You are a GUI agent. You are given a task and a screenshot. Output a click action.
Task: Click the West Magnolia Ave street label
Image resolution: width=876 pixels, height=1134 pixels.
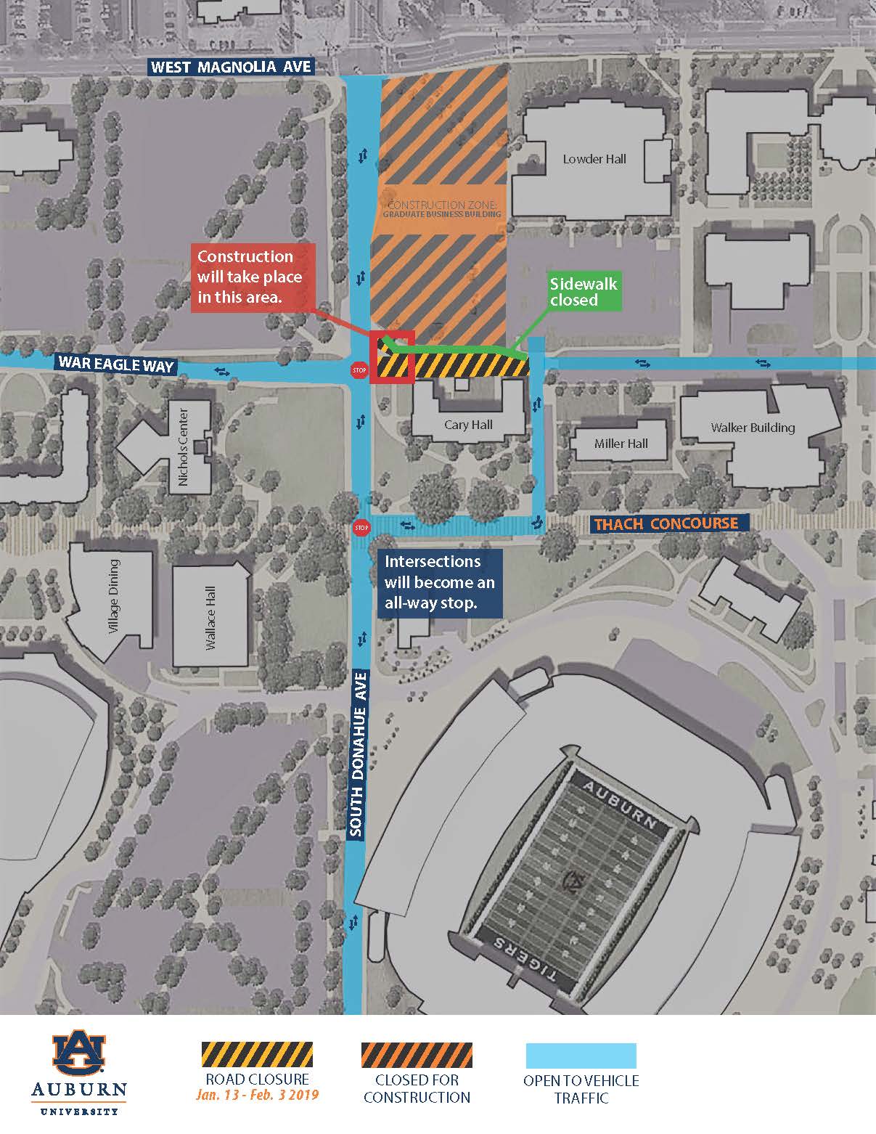[231, 68]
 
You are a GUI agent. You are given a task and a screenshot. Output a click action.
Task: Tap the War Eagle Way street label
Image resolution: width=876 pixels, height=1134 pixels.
[116, 363]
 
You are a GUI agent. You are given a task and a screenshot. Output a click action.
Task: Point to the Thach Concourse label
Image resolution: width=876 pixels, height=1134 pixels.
[666, 523]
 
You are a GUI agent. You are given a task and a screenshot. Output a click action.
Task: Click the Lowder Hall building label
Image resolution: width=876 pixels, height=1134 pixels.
[594, 159]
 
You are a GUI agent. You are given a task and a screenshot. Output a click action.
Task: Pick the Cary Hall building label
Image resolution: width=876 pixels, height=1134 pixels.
[468, 425]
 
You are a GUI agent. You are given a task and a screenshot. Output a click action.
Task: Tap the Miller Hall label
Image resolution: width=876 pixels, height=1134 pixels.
[621, 444]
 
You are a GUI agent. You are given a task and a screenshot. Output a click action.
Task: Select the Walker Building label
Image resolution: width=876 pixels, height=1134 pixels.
[753, 428]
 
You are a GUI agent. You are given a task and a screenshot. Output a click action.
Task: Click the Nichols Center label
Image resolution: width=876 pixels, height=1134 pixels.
[184, 447]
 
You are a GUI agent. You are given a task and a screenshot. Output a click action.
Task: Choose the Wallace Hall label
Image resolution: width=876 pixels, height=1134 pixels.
[210, 618]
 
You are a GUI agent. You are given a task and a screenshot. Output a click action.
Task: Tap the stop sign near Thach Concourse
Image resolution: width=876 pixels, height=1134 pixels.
[361, 527]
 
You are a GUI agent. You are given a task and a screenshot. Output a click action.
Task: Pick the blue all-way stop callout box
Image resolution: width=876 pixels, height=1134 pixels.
[439, 582]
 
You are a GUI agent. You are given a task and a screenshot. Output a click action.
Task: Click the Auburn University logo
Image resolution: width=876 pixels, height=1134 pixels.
[78, 1073]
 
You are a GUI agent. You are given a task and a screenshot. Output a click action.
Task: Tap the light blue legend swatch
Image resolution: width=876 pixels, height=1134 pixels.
[581, 1056]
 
